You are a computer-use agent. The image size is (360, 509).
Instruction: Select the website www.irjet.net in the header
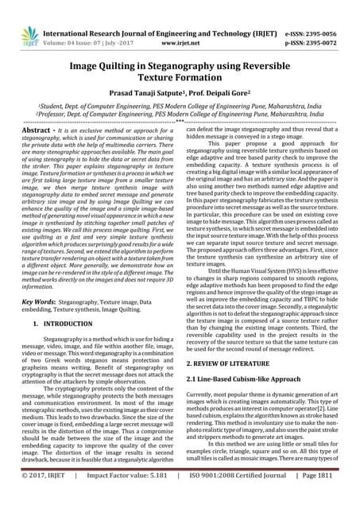point(181,24)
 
